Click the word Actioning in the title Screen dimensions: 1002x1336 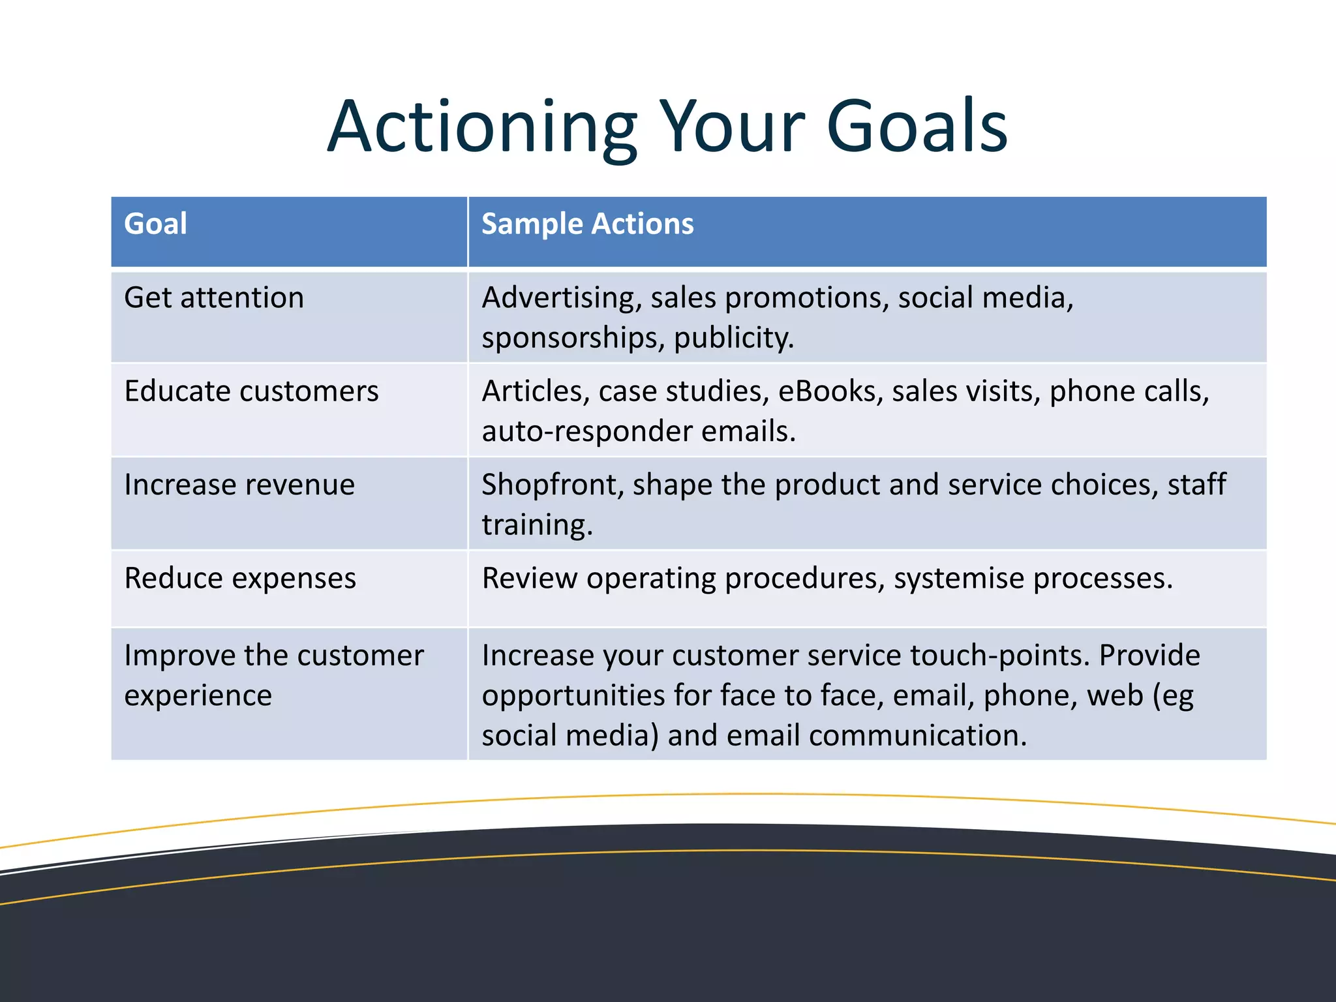tap(481, 127)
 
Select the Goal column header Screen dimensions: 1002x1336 tap(155, 224)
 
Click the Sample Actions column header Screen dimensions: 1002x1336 tap(587, 224)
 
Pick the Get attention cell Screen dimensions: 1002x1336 tap(214, 298)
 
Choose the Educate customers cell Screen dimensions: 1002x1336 tap(251, 391)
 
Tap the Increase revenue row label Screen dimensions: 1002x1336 tap(239, 485)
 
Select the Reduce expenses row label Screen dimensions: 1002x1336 tap(240, 578)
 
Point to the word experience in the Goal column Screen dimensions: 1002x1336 tap(198, 695)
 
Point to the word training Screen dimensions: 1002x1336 tap(537, 525)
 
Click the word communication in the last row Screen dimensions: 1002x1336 tap(917, 736)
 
